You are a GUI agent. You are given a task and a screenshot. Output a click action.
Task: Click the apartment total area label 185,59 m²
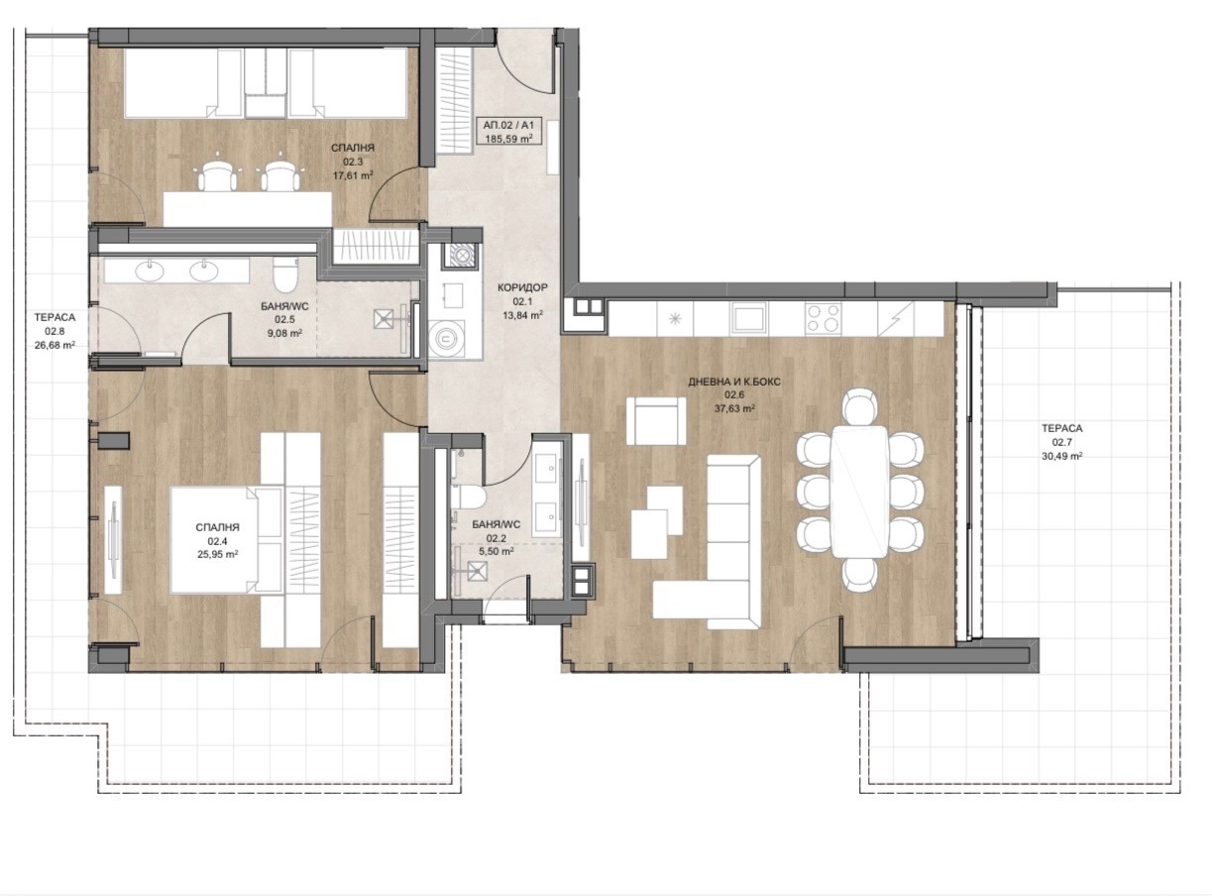(508, 139)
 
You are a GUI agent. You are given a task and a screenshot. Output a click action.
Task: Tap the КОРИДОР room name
(522, 287)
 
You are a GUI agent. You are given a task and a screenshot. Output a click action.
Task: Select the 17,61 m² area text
(353, 175)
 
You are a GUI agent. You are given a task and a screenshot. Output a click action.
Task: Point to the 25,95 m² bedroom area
(217, 554)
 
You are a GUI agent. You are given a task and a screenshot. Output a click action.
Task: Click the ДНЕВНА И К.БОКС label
(734, 382)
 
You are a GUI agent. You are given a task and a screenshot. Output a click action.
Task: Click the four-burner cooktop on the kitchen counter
(823, 317)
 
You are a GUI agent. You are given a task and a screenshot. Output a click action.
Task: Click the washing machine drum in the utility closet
(447, 338)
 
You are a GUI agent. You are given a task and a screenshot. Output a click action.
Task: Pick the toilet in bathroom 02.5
(285, 274)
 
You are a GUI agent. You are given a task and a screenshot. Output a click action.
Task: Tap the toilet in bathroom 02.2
(468, 497)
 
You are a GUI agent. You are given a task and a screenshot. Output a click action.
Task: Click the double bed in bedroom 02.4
(226, 540)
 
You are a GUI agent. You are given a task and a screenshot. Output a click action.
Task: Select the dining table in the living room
(859, 492)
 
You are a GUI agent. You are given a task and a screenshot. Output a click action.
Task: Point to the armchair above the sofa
(656, 420)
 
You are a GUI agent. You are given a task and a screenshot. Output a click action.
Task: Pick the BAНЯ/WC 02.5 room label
(284, 313)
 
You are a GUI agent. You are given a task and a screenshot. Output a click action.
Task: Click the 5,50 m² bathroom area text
(496, 552)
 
